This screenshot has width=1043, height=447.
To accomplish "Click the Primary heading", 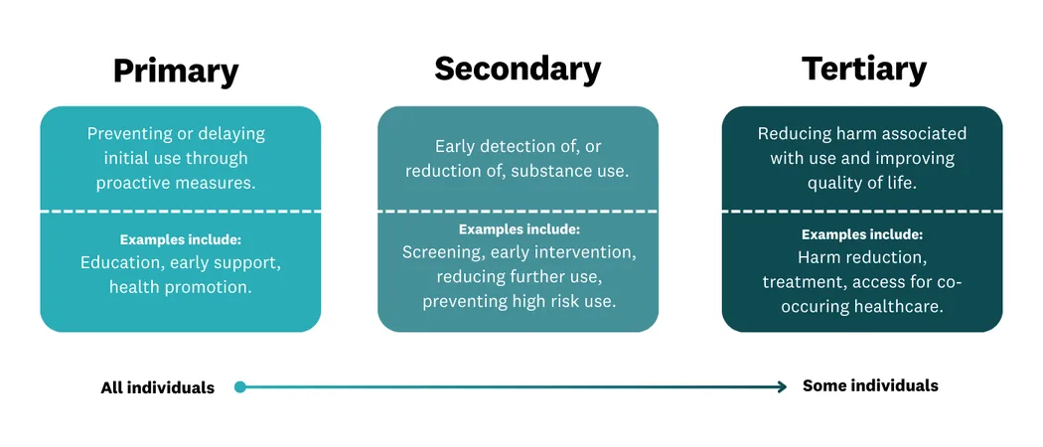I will (176, 72).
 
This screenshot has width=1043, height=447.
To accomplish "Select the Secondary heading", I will (518, 69).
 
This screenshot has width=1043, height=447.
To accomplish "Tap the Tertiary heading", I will (863, 69).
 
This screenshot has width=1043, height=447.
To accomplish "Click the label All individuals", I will (157, 387).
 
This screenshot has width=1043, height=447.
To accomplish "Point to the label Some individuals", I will (870, 385).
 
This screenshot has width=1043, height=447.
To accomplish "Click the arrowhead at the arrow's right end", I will (782, 386).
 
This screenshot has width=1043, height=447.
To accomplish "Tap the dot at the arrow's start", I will (240, 386).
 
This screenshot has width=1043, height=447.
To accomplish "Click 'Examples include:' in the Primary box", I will (181, 239).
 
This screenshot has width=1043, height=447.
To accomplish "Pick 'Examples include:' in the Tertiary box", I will (862, 235).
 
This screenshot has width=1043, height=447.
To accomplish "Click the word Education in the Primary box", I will (122, 263).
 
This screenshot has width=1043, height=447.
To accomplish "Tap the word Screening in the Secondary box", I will (442, 252).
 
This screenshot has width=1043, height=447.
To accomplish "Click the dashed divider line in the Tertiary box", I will (862, 211).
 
